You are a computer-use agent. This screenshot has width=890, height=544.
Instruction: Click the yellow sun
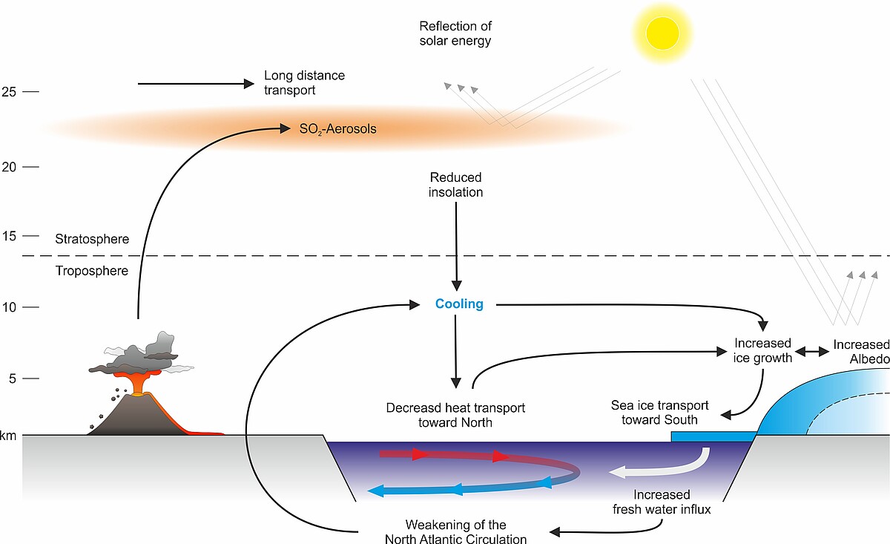662,33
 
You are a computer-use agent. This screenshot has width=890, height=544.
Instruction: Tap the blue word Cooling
459,304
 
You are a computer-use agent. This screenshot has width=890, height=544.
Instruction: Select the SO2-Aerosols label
337,129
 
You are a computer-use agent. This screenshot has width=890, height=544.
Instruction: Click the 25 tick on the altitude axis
30,92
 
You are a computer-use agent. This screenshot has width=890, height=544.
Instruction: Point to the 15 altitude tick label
9,236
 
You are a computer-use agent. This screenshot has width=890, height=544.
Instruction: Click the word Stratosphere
92,239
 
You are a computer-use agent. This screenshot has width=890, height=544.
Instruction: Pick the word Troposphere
92,271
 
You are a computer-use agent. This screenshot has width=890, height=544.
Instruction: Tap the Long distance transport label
304,82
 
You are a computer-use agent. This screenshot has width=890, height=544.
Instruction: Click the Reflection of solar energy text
455,33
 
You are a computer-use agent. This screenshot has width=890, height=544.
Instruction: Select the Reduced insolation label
455,185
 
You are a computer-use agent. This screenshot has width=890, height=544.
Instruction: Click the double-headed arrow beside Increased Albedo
812,352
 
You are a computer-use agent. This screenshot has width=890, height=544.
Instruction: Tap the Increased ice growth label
762,350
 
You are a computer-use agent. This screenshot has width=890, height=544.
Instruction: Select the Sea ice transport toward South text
659,413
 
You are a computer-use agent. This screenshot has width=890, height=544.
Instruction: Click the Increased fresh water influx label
662,502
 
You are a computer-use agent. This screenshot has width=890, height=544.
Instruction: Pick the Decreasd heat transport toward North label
455,415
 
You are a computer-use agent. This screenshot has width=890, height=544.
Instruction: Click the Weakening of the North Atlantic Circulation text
455,532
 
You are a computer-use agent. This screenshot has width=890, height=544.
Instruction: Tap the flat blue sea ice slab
713,436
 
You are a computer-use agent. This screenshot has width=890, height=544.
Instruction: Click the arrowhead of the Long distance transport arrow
248,84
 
